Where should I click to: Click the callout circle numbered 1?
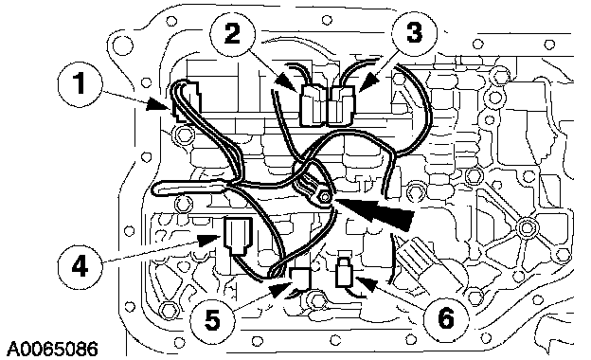(x=81, y=85)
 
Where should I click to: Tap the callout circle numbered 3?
(x=415, y=33)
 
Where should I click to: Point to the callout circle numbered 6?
(x=446, y=319)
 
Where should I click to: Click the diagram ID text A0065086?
(x=52, y=349)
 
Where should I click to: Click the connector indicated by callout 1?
(x=187, y=101)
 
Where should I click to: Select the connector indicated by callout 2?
(x=313, y=106)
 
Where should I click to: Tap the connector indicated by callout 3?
(x=341, y=106)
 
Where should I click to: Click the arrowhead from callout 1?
(x=158, y=104)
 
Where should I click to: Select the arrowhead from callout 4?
(x=209, y=240)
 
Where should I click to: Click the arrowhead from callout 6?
(x=365, y=282)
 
